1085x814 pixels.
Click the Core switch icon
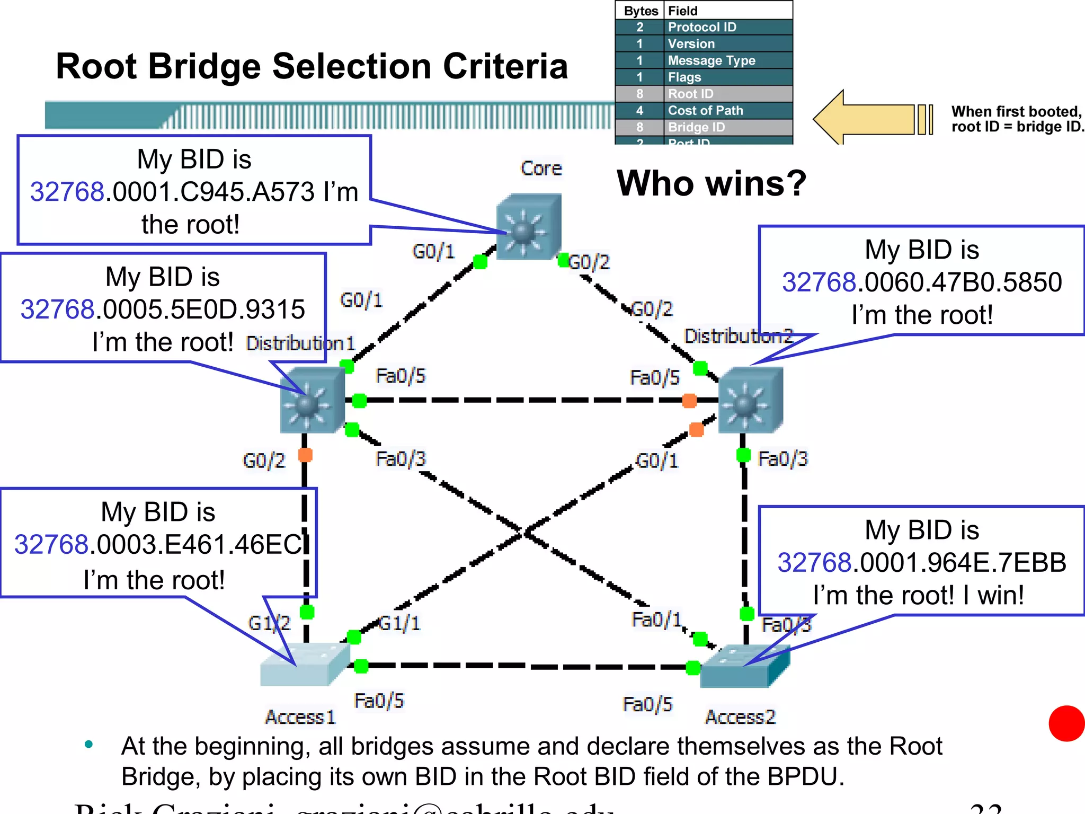[x=528, y=227]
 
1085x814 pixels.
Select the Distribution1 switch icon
[x=312, y=400]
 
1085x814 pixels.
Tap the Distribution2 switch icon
[x=750, y=400]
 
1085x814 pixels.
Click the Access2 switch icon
[x=744, y=667]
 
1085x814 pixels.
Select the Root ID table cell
[x=690, y=94]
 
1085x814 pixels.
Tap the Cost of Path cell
[x=705, y=111]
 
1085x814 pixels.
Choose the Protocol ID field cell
[x=701, y=27]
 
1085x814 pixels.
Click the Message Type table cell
[x=711, y=60]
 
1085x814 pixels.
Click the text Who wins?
[x=711, y=183]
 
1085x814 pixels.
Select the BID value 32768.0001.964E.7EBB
[x=921, y=563]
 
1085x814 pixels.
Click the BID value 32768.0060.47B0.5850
[x=921, y=282]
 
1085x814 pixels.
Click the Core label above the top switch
[x=540, y=169]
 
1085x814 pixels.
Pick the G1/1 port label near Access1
[x=400, y=623]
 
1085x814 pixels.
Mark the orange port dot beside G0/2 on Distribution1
[x=305, y=455]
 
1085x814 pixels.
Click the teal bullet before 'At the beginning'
[x=88, y=745]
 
